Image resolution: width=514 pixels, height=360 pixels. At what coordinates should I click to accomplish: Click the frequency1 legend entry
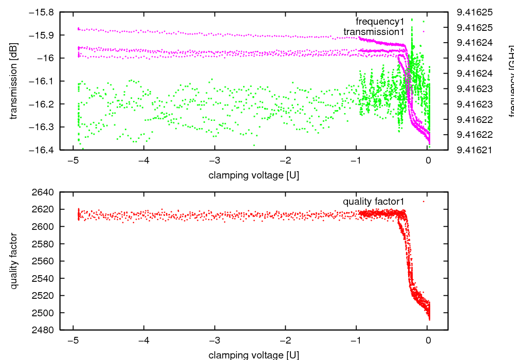tap(380, 22)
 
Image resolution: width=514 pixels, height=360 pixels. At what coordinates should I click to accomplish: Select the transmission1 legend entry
tap(374, 32)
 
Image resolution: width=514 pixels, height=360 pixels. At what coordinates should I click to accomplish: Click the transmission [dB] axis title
tap(14, 81)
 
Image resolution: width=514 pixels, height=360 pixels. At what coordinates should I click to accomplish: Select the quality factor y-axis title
tap(14, 261)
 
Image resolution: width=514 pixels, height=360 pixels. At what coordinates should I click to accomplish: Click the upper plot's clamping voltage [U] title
tap(254, 175)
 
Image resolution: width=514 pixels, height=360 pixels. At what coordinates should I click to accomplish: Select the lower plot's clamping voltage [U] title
tap(254, 355)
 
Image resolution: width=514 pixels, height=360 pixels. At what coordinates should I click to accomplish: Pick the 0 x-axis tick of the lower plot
tap(428, 340)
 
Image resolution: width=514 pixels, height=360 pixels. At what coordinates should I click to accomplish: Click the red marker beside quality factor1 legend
tap(424, 202)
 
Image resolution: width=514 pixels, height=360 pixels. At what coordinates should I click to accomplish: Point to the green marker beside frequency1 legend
tap(424, 22)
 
